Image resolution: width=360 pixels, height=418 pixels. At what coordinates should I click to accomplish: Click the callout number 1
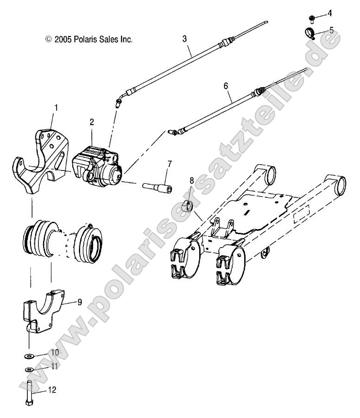pyautogui.click(x=56, y=107)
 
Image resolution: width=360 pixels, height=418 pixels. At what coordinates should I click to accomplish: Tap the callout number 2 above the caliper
pyautogui.click(x=92, y=122)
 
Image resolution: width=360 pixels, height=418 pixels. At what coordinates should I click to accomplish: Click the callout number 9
pyautogui.click(x=79, y=302)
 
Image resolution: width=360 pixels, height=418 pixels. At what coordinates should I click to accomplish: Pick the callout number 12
pyautogui.click(x=52, y=390)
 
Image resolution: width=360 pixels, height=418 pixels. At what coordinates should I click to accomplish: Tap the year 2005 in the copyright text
pyautogui.click(x=62, y=39)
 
